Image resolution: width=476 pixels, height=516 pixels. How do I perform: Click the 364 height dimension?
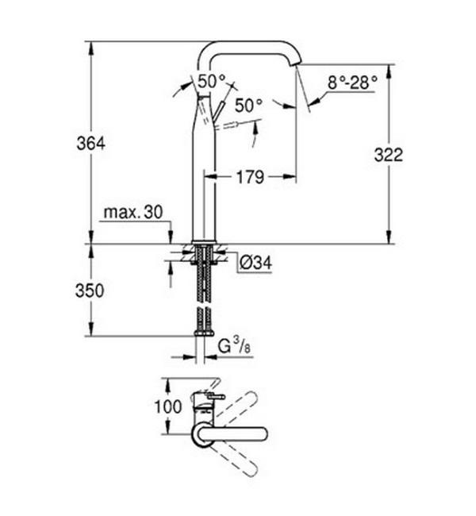(90, 144)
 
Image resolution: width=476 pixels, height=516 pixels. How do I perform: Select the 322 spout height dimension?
(389, 155)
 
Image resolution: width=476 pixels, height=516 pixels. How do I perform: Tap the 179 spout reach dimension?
(250, 177)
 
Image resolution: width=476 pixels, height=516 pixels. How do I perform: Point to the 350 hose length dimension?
(90, 291)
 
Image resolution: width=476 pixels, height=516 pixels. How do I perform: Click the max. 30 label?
(133, 212)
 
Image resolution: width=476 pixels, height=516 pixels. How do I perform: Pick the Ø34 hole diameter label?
(255, 263)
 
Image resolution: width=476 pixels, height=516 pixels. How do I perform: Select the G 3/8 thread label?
(234, 347)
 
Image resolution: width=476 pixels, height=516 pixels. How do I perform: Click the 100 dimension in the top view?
(167, 406)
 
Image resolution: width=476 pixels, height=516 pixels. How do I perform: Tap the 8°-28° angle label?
(352, 83)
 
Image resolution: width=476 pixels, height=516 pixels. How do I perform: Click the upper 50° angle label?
(212, 81)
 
